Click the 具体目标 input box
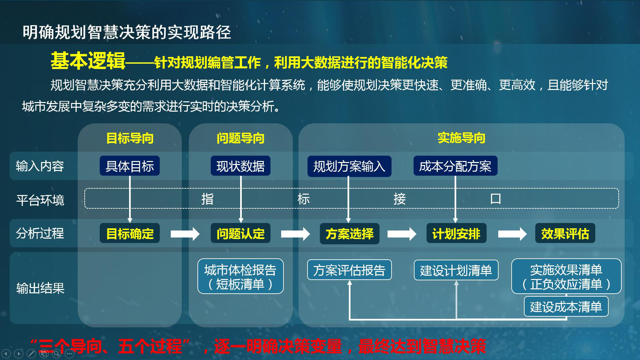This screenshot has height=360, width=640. (130, 166)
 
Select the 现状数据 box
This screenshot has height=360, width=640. (240, 166)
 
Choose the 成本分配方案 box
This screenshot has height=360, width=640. (455, 166)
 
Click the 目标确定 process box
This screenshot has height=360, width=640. (130, 233)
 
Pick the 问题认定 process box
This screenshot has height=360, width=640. (240, 233)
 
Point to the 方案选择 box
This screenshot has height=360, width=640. (350, 234)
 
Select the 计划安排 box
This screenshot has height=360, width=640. (456, 233)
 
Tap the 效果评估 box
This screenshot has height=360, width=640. (565, 233)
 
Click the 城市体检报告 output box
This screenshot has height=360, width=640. (240, 276)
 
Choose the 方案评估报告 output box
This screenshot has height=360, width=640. (349, 270)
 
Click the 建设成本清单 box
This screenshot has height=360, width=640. (566, 307)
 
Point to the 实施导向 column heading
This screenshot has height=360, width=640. (461, 138)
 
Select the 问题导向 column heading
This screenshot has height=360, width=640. (240, 138)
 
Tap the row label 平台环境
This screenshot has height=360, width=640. (40, 200)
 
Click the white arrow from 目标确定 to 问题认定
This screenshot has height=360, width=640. (185, 234)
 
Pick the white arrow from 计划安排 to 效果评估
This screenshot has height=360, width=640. (512, 234)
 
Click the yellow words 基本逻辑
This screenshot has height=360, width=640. (88, 61)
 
